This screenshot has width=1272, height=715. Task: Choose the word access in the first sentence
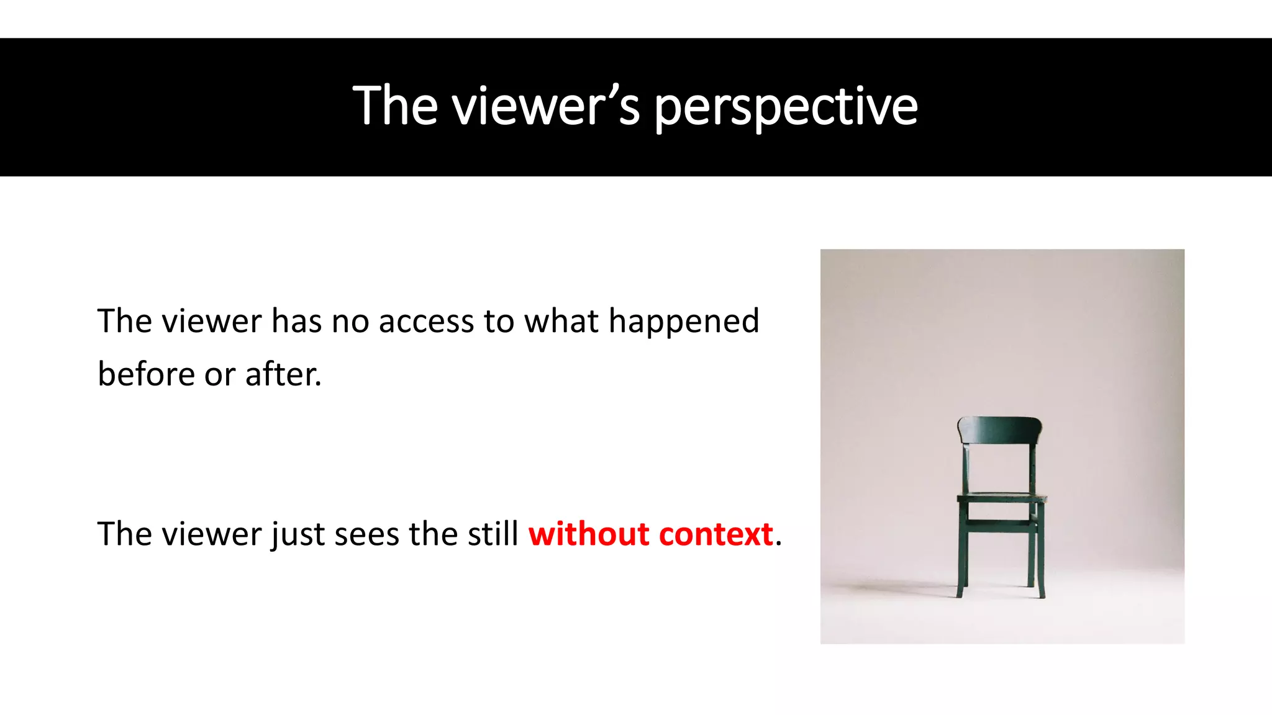(x=426, y=322)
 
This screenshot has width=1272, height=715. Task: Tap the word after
(x=283, y=374)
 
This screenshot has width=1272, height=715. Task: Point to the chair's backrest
(x=999, y=429)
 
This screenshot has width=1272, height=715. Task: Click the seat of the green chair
(x=1001, y=497)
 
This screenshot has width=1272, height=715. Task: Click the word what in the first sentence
(x=561, y=322)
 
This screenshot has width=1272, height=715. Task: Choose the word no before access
(x=350, y=322)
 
